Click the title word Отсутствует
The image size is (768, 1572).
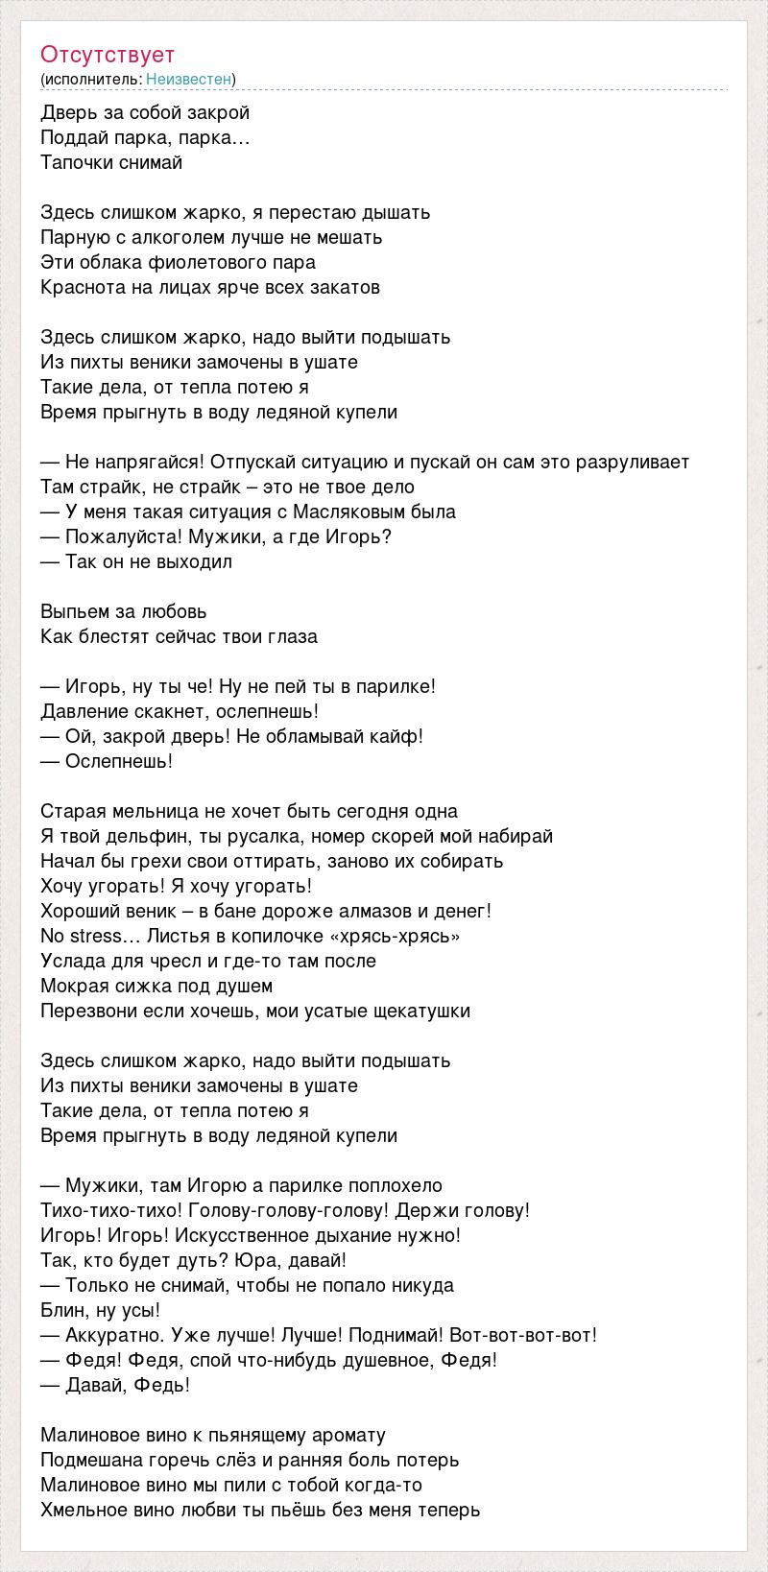(108, 55)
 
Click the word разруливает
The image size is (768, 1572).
(633, 462)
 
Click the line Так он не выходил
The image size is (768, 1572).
(136, 561)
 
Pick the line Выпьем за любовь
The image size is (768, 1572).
(124, 611)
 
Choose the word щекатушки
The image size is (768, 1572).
(422, 1011)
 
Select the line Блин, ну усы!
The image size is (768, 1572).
(100, 1310)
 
